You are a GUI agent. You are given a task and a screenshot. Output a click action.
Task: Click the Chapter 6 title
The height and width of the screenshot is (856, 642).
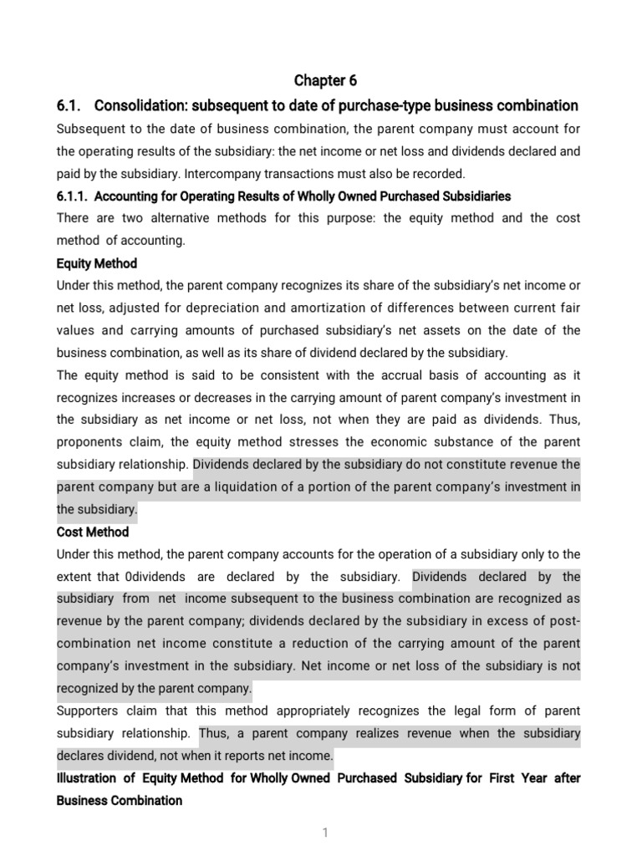pos(325,81)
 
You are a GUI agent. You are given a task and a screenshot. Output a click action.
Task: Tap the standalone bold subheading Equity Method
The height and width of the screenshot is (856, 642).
pos(96,263)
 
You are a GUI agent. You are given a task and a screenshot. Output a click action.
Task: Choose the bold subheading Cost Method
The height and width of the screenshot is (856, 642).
pos(93,532)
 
